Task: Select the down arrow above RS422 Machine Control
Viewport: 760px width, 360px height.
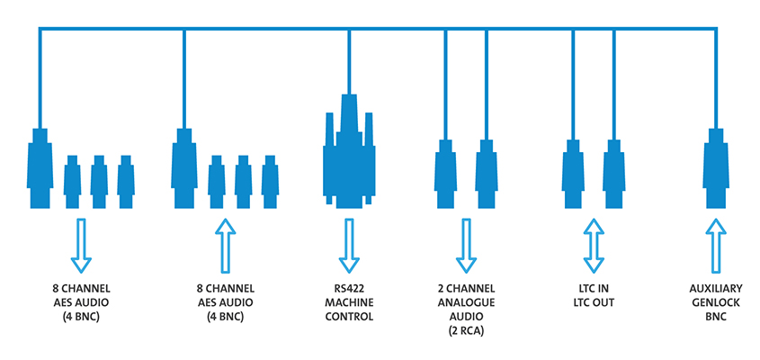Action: click(347, 245)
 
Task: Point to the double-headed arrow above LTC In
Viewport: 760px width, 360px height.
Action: click(592, 245)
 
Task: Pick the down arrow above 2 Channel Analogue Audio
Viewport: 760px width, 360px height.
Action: click(466, 245)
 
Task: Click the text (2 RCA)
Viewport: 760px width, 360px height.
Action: click(466, 332)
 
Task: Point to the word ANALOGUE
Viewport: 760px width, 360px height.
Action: click(466, 303)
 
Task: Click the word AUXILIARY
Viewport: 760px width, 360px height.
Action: click(716, 289)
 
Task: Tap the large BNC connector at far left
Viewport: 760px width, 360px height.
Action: click(39, 166)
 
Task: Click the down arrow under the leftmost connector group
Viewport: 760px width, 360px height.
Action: click(81, 245)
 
